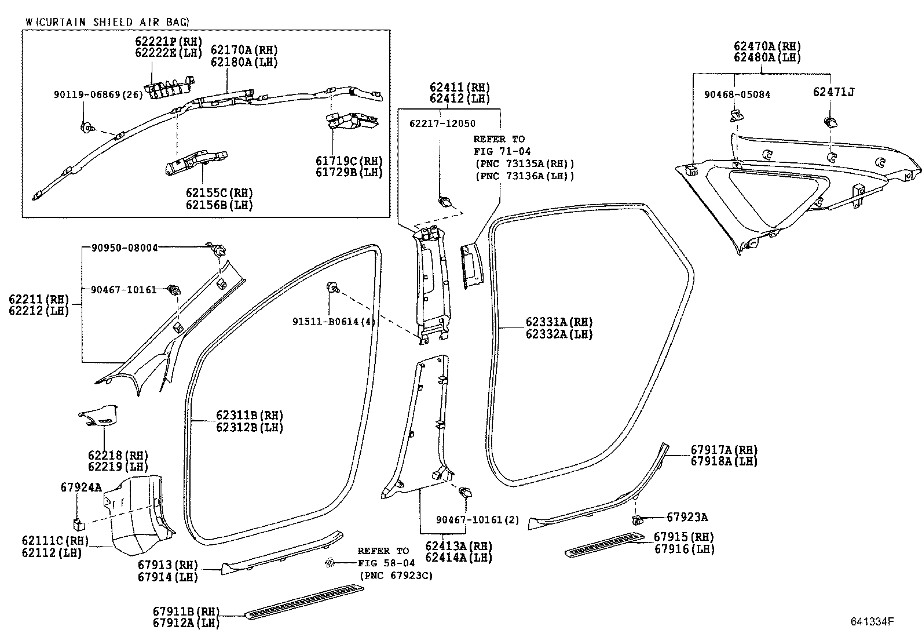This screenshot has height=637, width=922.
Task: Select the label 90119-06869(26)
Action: [x=97, y=95]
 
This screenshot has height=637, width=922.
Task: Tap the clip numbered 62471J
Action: [x=830, y=122]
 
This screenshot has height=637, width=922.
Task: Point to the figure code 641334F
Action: [x=872, y=622]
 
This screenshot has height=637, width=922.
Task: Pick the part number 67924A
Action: [x=81, y=487]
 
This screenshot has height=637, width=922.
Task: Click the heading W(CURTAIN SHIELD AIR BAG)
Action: [x=107, y=22]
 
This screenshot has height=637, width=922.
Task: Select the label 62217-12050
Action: [x=442, y=123]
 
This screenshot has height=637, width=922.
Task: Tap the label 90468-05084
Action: [x=737, y=94]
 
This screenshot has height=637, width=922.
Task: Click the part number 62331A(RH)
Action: [x=559, y=322]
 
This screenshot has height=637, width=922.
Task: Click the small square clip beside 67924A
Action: [x=79, y=525]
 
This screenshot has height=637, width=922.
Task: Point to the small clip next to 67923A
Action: [x=637, y=519]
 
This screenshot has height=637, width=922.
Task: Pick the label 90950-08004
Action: [x=125, y=248]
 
